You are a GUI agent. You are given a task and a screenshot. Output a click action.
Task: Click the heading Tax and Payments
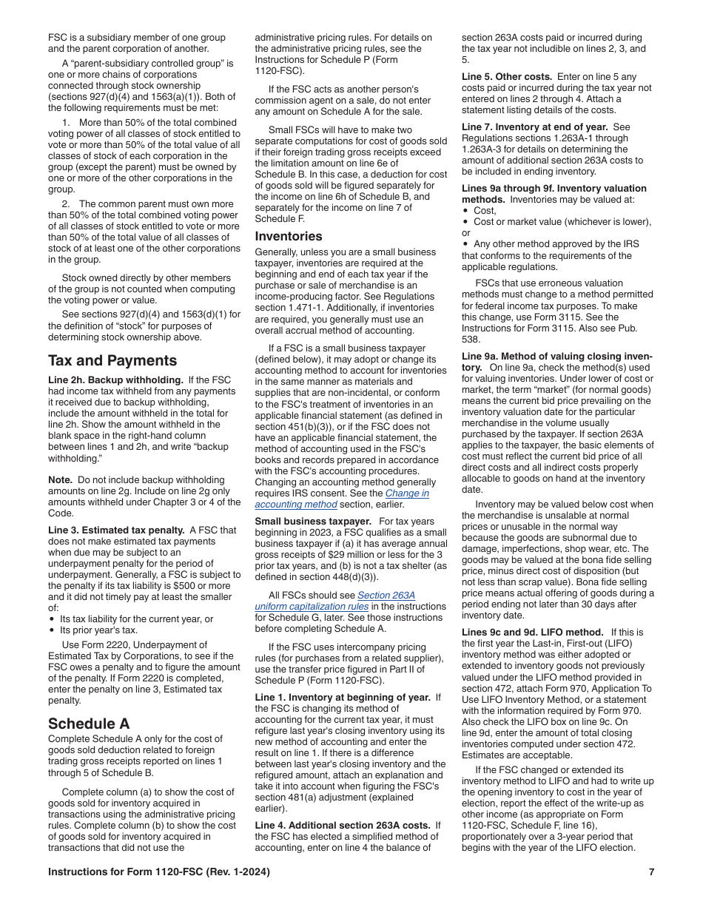point(112,361)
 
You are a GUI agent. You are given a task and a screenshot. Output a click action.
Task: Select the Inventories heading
point(289,237)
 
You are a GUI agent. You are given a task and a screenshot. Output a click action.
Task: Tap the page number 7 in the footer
point(651,872)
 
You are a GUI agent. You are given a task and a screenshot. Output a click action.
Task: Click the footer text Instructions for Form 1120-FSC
point(158,872)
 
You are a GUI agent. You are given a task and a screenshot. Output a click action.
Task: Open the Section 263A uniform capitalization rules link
point(386,595)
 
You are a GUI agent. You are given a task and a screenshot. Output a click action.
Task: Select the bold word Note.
point(61,480)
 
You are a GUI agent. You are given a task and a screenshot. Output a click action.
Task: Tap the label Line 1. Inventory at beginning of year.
point(343,698)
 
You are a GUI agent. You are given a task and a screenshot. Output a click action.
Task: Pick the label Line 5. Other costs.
point(507,77)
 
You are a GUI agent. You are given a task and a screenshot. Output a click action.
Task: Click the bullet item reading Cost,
point(485,211)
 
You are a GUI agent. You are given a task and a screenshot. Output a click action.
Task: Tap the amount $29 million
point(354,555)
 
